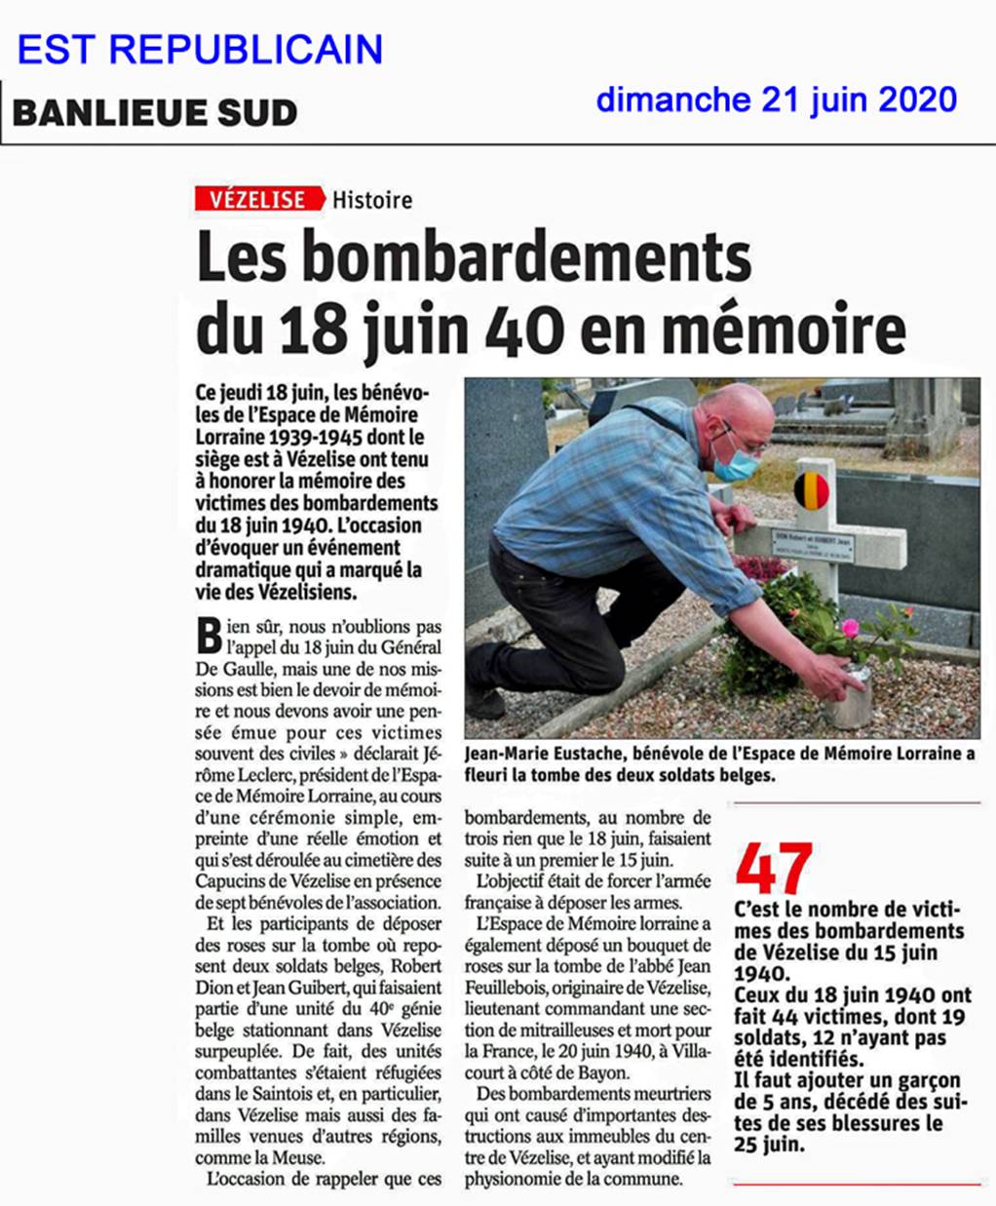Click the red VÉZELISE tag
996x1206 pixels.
[258, 199]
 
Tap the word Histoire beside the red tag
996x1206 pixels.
[372, 200]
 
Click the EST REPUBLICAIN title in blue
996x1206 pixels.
[200, 50]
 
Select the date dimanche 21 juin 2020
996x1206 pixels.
[776, 99]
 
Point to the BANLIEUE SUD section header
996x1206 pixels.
[155, 113]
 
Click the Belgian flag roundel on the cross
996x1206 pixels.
[811, 491]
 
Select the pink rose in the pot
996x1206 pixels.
[849, 628]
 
